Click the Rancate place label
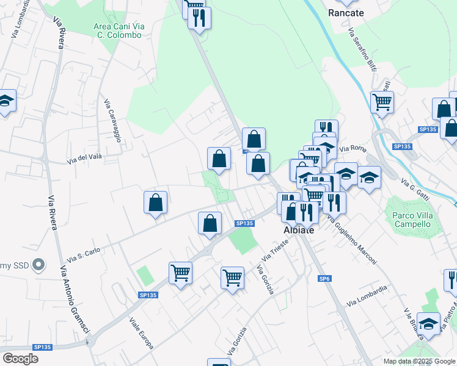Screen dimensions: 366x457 346,13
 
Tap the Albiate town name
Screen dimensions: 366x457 299,231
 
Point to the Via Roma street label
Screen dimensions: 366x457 351,148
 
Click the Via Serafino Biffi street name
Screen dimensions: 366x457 362,49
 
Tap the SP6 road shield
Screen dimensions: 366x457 324,278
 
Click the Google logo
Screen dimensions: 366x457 20,358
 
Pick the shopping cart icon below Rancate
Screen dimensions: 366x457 382,102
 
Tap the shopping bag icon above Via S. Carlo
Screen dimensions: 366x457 156,203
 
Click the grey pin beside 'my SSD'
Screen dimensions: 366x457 38,265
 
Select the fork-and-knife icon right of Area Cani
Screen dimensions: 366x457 199,18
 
